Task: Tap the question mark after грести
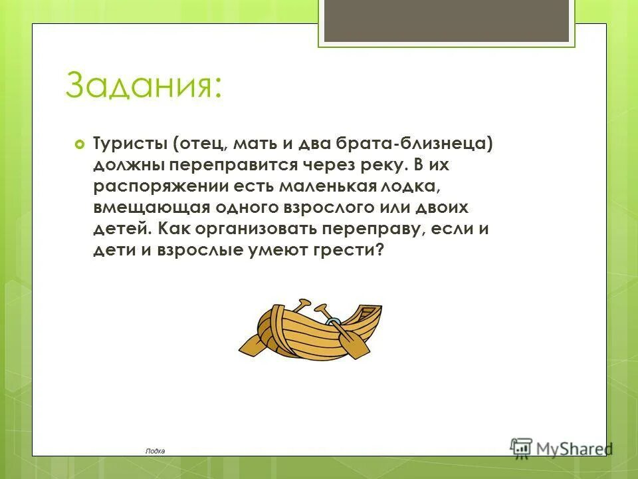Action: coord(380,251)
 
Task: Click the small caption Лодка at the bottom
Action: coord(155,450)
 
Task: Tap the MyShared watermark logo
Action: coord(562,447)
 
